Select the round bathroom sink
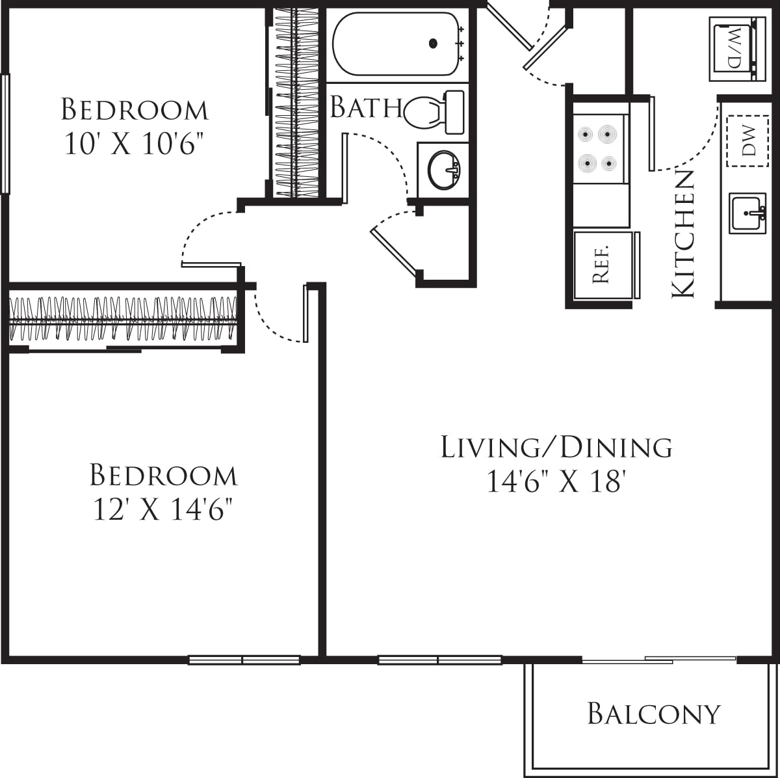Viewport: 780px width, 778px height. click(x=445, y=169)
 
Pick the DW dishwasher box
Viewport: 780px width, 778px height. click(x=747, y=141)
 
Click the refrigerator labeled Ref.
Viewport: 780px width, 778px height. click(x=603, y=265)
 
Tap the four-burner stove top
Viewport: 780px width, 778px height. click(x=598, y=148)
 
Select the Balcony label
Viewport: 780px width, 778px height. click(x=654, y=714)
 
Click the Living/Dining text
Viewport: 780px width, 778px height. click(x=556, y=448)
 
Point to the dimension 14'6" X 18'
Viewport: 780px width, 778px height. click(x=556, y=483)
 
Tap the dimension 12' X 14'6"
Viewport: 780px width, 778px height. click(x=162, y=511)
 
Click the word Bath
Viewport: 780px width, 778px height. click(x=365, y=107)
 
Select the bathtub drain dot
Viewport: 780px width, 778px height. click(x=433, y=44)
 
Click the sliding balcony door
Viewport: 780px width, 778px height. click(x=658, y=660)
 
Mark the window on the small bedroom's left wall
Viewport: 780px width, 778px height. click(x=5, y=133)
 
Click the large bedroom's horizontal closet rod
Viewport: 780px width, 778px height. click(x=123, y=319)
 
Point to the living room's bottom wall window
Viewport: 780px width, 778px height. click(x=439, y=660)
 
